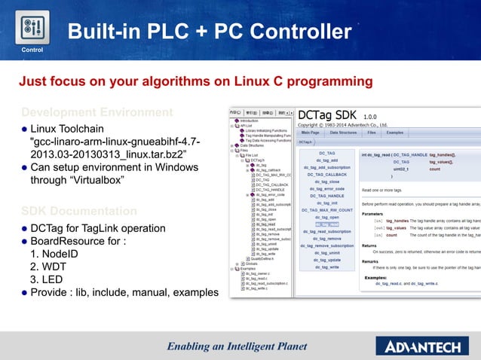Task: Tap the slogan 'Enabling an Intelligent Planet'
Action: pyautogui.click(x=237, y=346)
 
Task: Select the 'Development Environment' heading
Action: pyautogui.click(x=97, y=112)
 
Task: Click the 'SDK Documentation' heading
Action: pyautogui.click(x=78, y=211)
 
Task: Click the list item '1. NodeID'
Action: pyautogui.click(x=56, y=252)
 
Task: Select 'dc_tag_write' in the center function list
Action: pyautogui.click(x=327, y=267)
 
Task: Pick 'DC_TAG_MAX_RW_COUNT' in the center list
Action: pyautogui.click(x=327, y=210)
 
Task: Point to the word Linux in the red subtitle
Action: pyautogui.click(x=261, y=81)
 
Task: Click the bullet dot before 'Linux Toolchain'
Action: pyautogui.click(x=24, y=129)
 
